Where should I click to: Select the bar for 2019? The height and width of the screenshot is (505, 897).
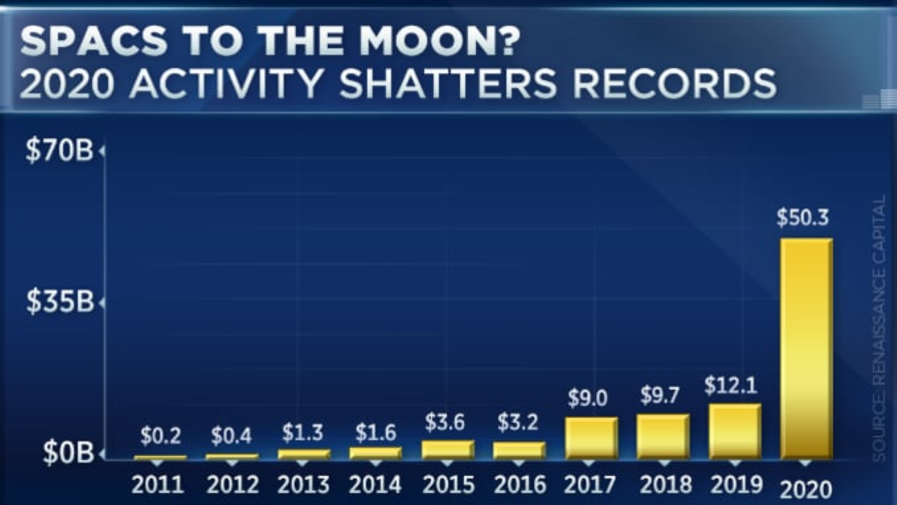[734, 431]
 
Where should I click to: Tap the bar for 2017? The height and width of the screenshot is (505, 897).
[591, 438]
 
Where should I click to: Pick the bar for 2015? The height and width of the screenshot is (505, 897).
[448, 450]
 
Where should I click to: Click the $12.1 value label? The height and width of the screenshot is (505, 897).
[730, 385]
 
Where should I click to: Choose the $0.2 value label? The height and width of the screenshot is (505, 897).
[160, 436]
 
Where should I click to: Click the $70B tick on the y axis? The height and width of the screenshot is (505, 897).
[60, 151]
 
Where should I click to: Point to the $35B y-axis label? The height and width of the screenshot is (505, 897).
[60, 302]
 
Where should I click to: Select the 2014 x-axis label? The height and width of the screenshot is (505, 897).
[375, 485]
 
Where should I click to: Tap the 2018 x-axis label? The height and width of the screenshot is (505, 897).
[664, 485]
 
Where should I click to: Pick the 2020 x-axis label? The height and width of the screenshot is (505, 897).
[806, 488]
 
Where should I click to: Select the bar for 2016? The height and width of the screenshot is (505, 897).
[519, 450]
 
